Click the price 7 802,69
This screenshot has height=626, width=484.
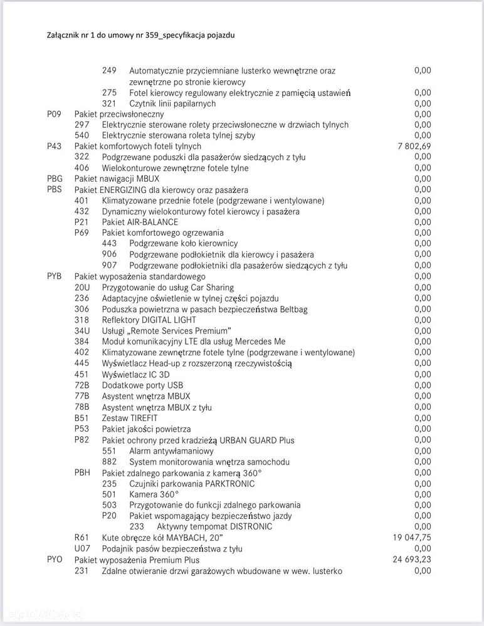(414, 146)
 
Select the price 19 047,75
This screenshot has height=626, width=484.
(412, 537)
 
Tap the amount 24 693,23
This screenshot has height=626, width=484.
(412, 559)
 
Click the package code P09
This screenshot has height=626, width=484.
(55, 114)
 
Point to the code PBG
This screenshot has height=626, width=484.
(55, 179)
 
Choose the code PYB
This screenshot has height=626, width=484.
(55, 276)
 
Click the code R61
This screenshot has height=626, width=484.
(82, 537)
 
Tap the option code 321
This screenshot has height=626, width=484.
(109, 103)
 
